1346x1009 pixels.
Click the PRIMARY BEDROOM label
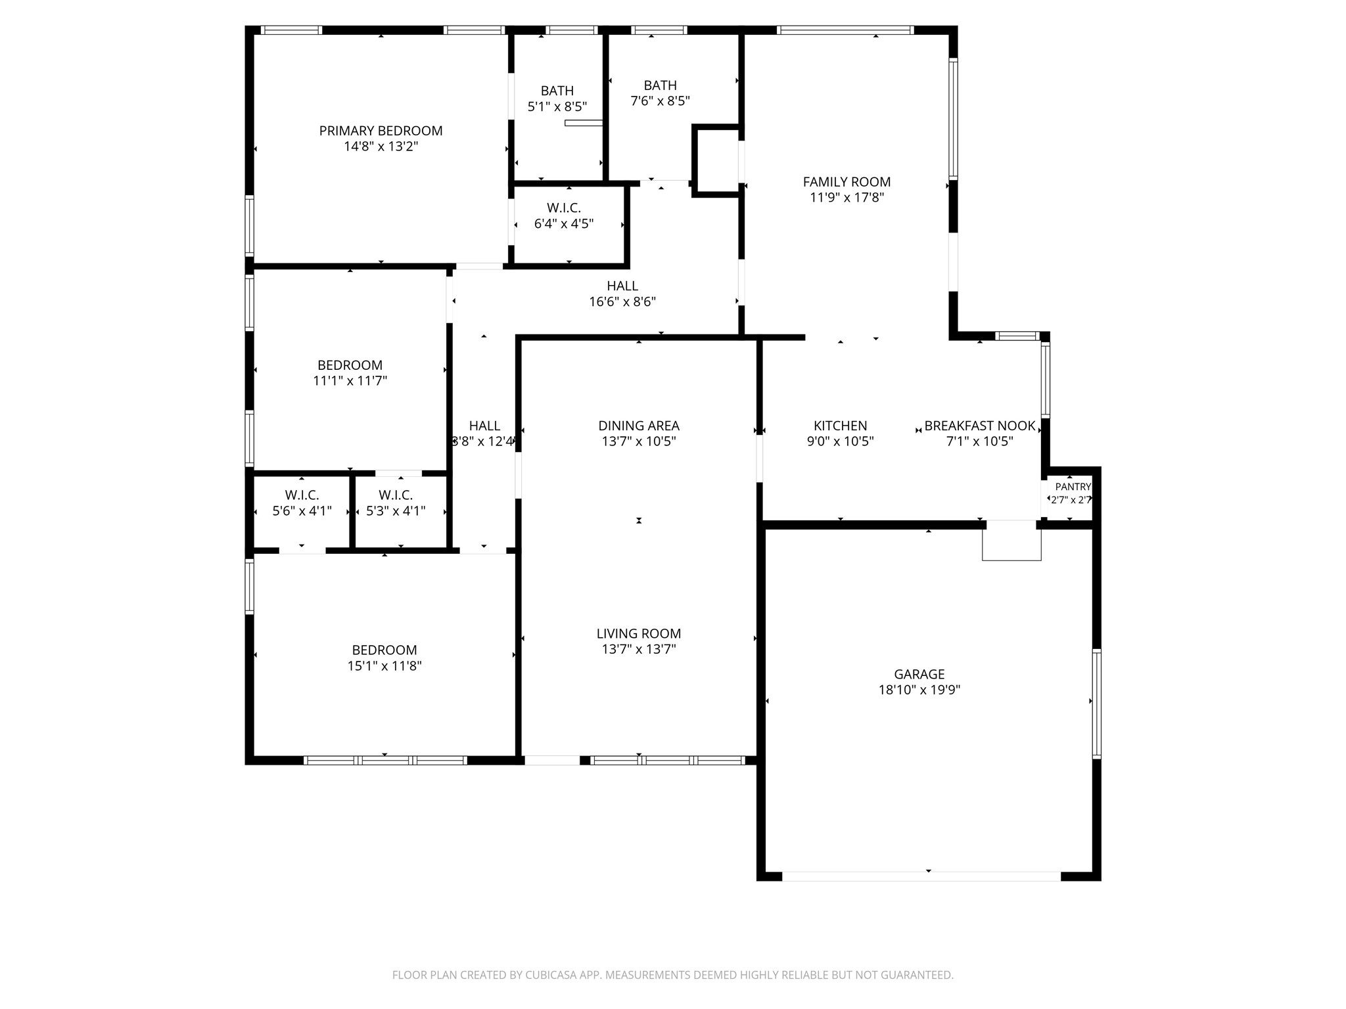(x=381, y=131)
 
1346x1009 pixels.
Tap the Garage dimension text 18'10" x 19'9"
(x=919, y=690)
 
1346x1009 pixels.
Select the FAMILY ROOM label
(x=847, y=182)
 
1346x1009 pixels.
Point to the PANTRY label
(x=1073, y=487)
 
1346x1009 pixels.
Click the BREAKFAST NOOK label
(x=980, y=426)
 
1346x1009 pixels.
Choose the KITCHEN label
(x=841, y=426)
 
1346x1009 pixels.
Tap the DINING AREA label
(x=639, y=426)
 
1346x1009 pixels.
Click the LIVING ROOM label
(x=639, y=633)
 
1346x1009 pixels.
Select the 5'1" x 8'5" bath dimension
(x=557, y=106)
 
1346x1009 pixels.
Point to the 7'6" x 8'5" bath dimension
(x=660, y=101)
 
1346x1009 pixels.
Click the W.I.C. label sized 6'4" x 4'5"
(x=564, y=208)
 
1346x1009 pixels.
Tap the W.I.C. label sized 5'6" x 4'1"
(x=302, y=495)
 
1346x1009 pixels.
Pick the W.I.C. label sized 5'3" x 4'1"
(x=396, y=495)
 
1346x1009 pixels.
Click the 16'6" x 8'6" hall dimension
(x=622, y=302)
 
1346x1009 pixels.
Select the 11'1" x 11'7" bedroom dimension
(x=350, y=381)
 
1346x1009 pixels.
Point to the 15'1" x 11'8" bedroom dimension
(x=384, y=666)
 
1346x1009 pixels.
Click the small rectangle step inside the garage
(x=1011, y=541)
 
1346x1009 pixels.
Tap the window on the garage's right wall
(x=1096, y=704)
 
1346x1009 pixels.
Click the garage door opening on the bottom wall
(x=921, y=876)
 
